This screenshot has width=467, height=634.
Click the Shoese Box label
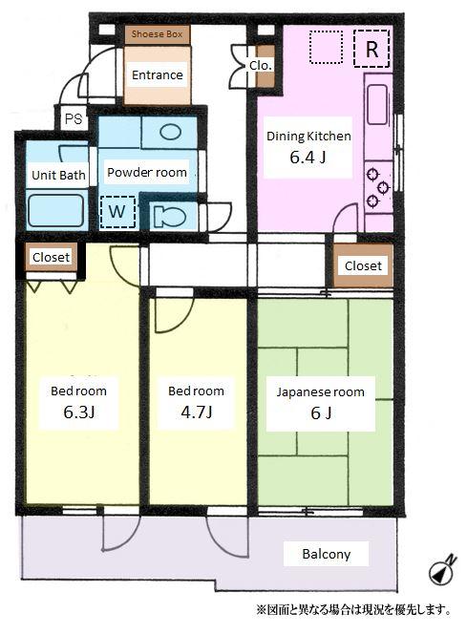157,34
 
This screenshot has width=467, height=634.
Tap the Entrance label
158,74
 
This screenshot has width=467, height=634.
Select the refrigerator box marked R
371,49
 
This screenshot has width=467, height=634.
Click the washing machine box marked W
117,211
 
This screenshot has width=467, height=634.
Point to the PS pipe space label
74,119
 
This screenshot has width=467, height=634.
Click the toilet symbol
170,217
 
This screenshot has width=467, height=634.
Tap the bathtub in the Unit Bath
55,210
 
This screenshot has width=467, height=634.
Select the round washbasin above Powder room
171,132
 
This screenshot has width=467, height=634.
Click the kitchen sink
377,105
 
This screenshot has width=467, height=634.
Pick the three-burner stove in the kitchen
378,187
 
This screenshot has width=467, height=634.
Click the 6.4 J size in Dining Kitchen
308,157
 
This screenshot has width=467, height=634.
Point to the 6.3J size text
79,412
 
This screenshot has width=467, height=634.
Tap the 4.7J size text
196,412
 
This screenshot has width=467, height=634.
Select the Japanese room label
320,391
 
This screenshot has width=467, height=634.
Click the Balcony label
326,554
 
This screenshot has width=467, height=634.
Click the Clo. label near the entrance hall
261,66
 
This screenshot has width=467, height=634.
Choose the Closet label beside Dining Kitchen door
363,265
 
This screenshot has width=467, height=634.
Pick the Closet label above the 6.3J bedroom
51,257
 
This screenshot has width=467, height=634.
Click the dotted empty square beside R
326,47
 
